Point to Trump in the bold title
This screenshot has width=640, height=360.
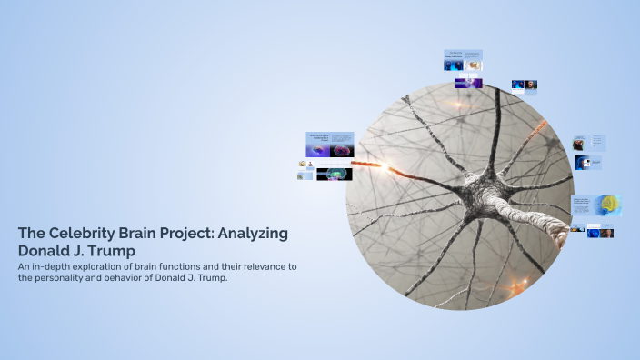113,249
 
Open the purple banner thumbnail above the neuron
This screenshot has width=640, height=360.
469,83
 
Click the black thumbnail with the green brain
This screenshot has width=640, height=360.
334,173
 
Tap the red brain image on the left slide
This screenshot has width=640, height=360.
343,150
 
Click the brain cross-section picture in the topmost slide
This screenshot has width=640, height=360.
472,65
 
